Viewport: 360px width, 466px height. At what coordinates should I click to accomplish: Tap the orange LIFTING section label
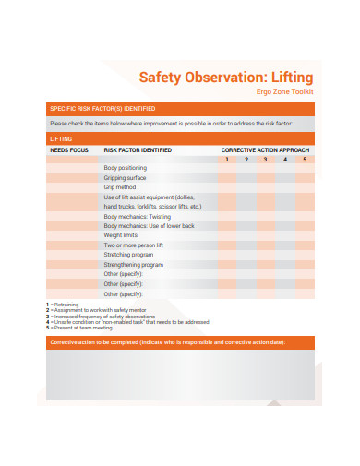[60, 138]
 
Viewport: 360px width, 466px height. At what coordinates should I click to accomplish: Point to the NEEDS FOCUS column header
[69, 149]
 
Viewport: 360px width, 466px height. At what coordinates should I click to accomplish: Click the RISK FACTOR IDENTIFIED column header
[137, 149]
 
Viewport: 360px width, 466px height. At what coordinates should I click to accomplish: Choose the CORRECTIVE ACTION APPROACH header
[264, 149]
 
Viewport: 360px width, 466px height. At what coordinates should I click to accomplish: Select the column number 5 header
[304, 158]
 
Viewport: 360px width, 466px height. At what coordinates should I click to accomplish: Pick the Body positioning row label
[125, 167]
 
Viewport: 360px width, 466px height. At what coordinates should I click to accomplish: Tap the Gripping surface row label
[125, 177]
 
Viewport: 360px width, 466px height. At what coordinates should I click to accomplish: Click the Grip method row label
[120, 186]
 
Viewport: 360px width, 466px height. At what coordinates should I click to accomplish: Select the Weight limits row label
[120, 235]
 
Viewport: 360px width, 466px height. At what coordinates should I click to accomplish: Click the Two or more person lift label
[133, 245]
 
